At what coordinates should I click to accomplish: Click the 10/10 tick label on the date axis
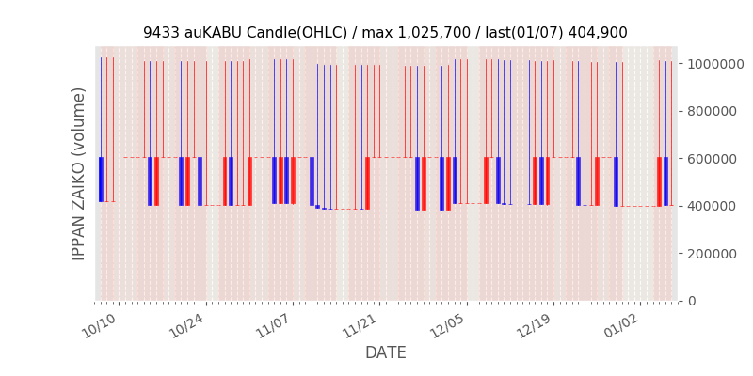click(x=100, y=324)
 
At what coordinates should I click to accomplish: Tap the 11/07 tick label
click(x=273, y=324)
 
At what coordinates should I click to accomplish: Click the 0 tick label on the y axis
click(x=692, y=301)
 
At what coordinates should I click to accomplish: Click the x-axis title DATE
click(x=386, y=353)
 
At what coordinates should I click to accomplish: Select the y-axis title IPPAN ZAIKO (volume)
click(x=80, y=174)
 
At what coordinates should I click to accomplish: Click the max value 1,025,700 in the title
click(x=427, y=33)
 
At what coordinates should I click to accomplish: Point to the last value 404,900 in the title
click(x=598, y=33)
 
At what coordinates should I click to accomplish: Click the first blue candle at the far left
click(x=101, y=179)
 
